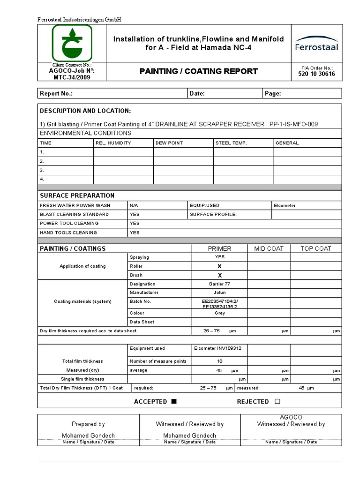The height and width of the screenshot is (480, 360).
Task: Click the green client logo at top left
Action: pyautogui.click(x=72, y=43)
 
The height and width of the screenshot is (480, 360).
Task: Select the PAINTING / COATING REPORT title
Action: pyautogui.click(x=199, y=71)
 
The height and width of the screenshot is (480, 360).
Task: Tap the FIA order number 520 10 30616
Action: pyautogui.click(x=316, y=74)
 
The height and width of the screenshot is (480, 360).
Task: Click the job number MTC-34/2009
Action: pyautogui.click(x=72, y=77)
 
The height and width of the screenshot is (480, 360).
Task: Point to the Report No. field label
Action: pyautogui.click(x=56, y=94)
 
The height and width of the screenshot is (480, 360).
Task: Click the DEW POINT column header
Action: pyautogui.click(x=169, y=143)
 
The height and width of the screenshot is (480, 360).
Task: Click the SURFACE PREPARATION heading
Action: pyautogui.click(x=77, y=195)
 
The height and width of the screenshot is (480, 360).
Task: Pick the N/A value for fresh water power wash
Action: pyautogui.click(x=134, y=205)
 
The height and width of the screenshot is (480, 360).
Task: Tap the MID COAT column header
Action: pyautogui.click(x=269, y=248)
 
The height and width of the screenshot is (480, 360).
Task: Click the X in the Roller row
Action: pyautogui.click(x=219, y=266)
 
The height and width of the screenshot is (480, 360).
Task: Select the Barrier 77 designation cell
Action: pyautogui.click(x=219, y=284)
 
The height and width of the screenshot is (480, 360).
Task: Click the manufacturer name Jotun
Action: pyautogui.click(x=219, y=292)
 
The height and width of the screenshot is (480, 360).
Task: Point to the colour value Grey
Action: pyautogui.click(x=219, y=313)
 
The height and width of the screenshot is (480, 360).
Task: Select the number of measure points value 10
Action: pyautogui.click(x=219, y=361)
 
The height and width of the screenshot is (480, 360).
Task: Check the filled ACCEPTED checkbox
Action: pyautogui.click(x=174, y=402)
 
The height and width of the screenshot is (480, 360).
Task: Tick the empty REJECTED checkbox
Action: pyautogui.click(x=277, y=402)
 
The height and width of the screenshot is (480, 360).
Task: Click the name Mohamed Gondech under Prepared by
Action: pyautogui.click(x=88, y=435)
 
